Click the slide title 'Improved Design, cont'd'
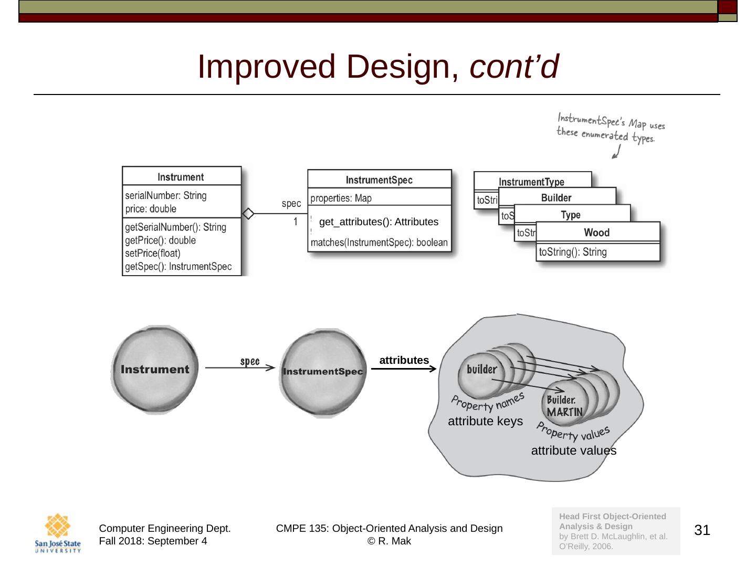pos(377,67)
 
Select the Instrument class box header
pos(181,177)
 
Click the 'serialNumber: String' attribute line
pos(166,195)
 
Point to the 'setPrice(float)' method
pos(153,253)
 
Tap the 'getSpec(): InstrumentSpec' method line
pos(178,266)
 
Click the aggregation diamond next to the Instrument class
pos(248,214)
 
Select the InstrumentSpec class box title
pos(379,180)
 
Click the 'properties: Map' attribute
pos(341,198)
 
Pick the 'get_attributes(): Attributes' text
pos(379,222)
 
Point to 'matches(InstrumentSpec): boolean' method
pos(379,243)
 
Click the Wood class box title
pos(597,233)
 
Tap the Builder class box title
pos(556,198)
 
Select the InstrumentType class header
pos(531,182)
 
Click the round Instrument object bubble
pos(155,370)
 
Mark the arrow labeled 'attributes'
pos(403,369)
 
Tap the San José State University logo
pos(58,533)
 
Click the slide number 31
pos(702,530)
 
